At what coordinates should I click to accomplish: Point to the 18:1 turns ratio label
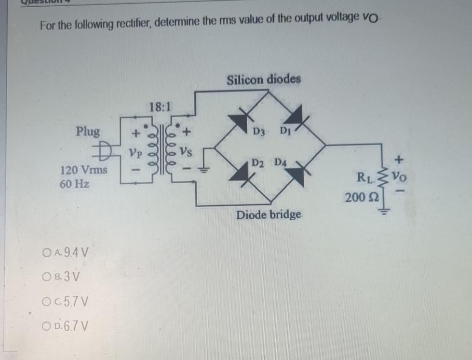coord(158,107)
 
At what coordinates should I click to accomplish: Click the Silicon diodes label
coord(263,78)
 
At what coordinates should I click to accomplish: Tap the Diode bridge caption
coord(269,214)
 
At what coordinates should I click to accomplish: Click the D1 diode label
coord(285,130)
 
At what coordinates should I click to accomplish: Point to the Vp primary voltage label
coord(135,154)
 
